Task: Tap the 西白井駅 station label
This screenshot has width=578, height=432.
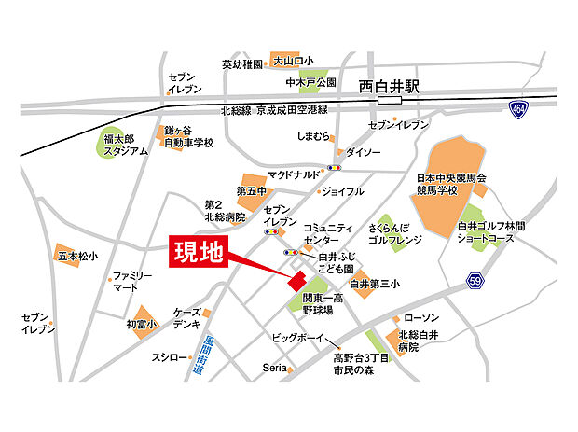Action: click(390, 86)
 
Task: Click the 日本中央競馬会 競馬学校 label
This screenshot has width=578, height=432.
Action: click(450, 184)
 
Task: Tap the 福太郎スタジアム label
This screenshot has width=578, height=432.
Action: click(125, 145)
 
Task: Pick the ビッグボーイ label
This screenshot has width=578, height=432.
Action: click(296, 337)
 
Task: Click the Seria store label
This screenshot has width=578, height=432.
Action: click(273, 369)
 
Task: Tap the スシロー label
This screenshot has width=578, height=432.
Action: click(170, 356)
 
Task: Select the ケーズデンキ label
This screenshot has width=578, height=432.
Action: click(188, 317)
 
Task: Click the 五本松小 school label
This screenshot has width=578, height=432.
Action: click(76, 255)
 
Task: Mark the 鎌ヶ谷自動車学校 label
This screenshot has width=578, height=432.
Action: click(188, 137)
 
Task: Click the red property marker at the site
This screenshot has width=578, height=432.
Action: click(296, 281)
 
